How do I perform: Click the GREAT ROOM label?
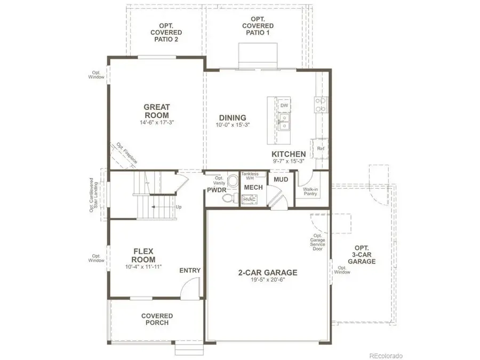(x=156, y=111)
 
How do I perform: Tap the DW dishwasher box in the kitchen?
(x=284, y=106)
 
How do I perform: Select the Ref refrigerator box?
(x=321, y=149)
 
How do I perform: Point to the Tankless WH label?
(x=250, y=177)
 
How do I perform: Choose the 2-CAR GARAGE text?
(x=268, y=273)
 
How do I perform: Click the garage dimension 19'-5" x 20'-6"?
(x=268, y=280)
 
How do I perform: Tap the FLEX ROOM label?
(x=143, y=255)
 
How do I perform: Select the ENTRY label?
(x=190, y=270)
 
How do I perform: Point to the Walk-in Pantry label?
(x=310, y=191)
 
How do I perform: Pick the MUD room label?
(x=281, y=180)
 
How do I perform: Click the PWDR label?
(x=217, y=189)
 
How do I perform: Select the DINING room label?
(x=233, y=118)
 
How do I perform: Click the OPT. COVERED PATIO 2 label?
(x=166, y=32)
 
